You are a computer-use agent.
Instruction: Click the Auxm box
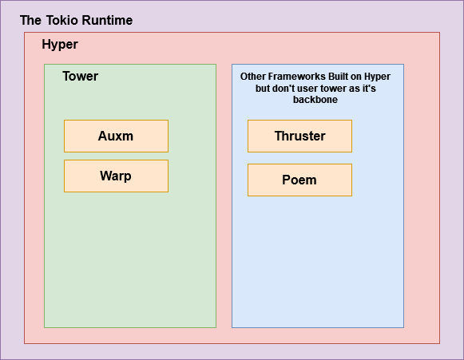pos(116,136)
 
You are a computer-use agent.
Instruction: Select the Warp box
pos(116,176)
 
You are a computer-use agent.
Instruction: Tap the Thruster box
pos(299,136)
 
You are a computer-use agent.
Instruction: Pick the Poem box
pos(299,180)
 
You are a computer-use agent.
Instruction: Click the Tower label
pos(80,77)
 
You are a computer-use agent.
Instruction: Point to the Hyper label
pos(60,45)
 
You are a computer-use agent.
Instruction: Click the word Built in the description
pos(339,77)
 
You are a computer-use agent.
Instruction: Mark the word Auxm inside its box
pos(116,136)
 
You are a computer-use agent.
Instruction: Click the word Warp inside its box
pos(116,176)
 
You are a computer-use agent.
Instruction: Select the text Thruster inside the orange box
pos(299,136)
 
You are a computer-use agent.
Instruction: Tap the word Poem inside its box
pos(299,180)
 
